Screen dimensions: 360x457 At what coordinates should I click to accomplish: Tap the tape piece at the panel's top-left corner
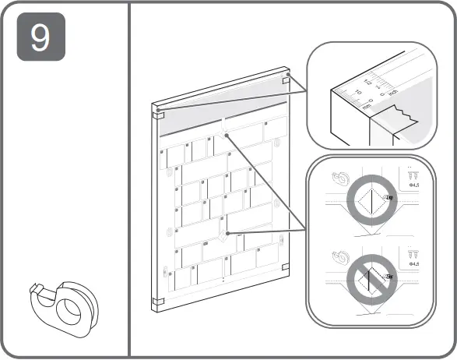pyautogui.click(x=158, y=110)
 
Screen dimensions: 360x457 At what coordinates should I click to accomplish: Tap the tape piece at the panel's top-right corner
pyautogui.click(x=286, y=79)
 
